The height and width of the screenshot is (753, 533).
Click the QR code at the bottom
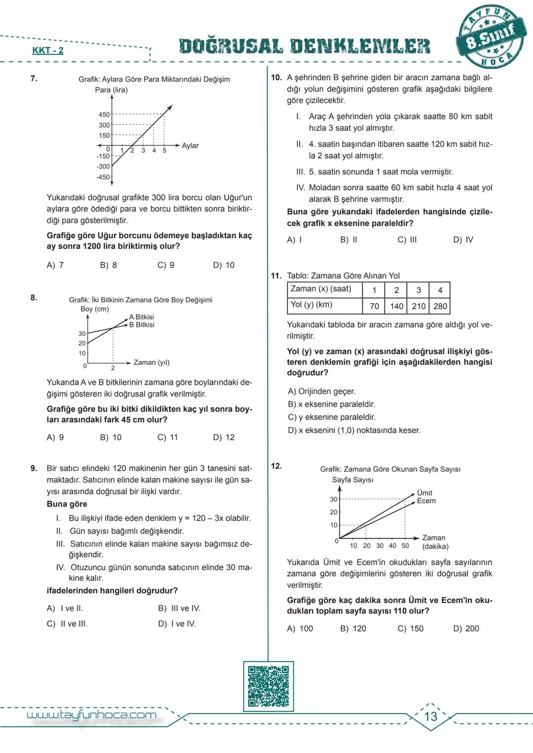[268, 686]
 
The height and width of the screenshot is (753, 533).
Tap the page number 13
[431, 716]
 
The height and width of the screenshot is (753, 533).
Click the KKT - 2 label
[48, 51]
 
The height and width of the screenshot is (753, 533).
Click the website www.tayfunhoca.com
[91, 716]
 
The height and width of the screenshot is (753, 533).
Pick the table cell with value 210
[419, 306]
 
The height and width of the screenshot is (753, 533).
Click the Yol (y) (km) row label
[311, 305]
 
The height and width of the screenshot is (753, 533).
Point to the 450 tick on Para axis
[104, 115]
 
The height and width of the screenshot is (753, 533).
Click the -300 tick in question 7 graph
[103, 167]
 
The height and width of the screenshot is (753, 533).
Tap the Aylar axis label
[190, 146]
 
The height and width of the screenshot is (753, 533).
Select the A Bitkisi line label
[142, 317]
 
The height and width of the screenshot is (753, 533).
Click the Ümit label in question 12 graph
[424, 493]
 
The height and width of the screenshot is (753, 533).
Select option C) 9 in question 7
[166, 265]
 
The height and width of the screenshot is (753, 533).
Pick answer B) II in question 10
[348, 240]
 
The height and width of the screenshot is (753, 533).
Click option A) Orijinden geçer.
[322, 392]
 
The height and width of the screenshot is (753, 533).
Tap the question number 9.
[34, 468]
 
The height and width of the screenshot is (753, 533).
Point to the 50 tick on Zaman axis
[405, 546]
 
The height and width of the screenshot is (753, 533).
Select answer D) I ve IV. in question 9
[177, 624]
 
